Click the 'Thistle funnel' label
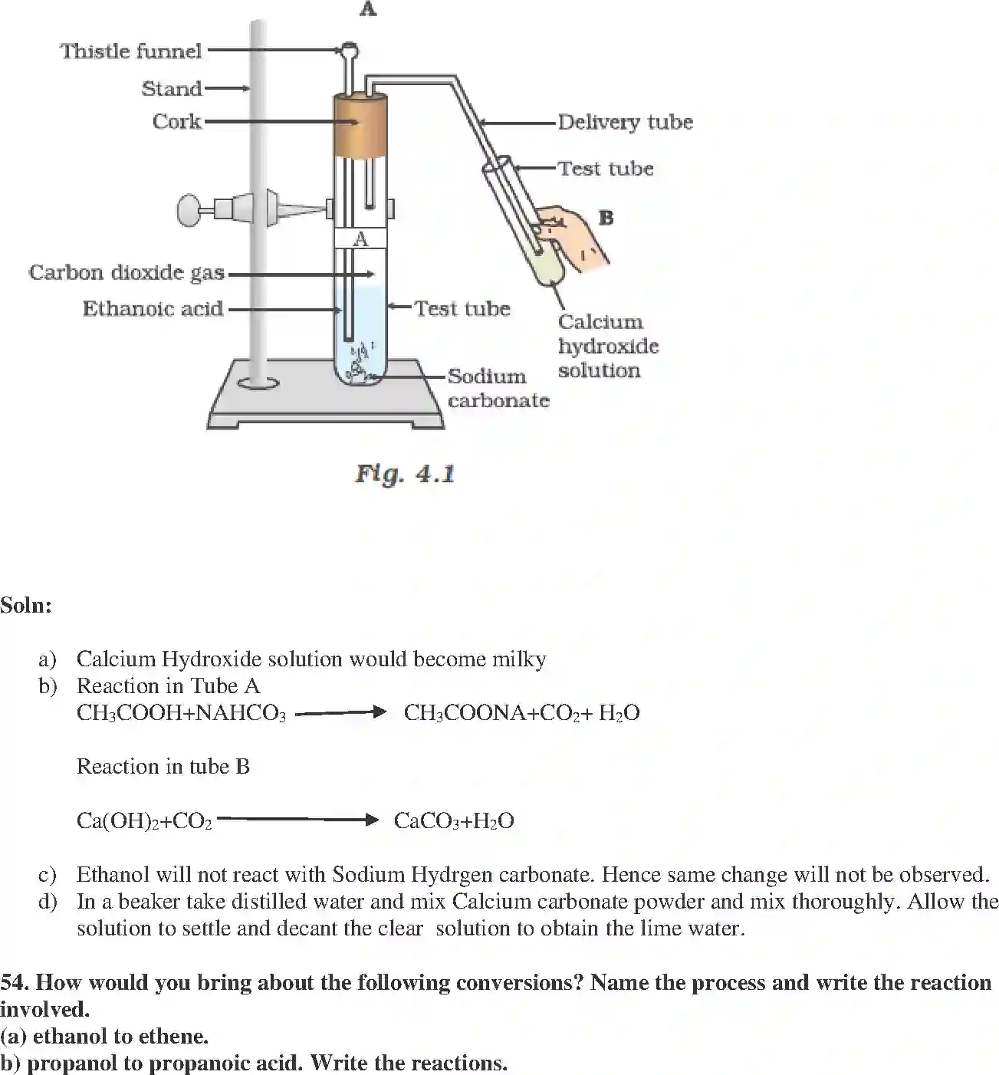pyautogui.click(x=131, y=51)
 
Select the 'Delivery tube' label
pyautogui.click(x=625, y=123)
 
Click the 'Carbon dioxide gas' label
pyautogui.click(x=127, y=273)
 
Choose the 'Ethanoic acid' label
pyautogui.click(x=153, y=309)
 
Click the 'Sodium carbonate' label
pyautogui.click(x=498, y=388)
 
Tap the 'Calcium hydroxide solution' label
pyautogui.click(x=608, y=346)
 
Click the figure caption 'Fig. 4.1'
pyautogui.click(x=405, y=474)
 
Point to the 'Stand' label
pyautogui.click(x=171, y=89)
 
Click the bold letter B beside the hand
pyautogui.click(x=606, y=218)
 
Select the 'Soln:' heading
pyautogui.click(x=26, y=606)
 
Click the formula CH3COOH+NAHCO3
pyautogui.click(x=181, y=714)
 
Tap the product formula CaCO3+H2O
pyautogui.click(x=454, y=821)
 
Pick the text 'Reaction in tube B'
pyautogui.click(x=163, y=767)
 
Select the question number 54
pyautogui.click(x=15, y=983)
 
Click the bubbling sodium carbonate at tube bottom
pyautogui.click(x=359, y=368)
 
